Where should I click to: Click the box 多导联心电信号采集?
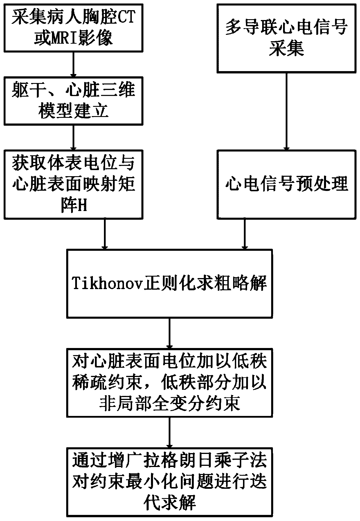(287, 38)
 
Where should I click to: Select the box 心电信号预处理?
(287, 184)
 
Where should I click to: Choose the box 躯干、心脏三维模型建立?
(73, 101)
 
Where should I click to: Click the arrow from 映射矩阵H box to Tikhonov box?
(105, 234)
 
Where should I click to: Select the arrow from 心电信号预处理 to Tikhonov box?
(245, 234)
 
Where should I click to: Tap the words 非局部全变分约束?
(170, 404)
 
